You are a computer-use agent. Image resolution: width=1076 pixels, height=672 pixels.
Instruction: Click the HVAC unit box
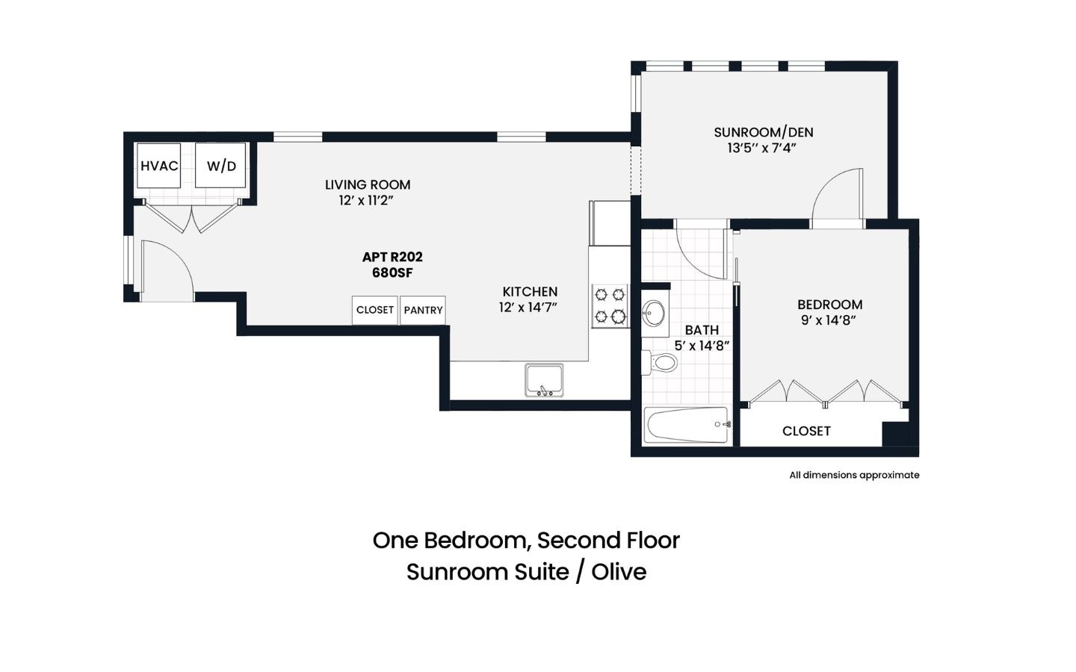[159, 166]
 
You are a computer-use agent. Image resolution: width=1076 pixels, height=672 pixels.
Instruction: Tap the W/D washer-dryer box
[221, 166]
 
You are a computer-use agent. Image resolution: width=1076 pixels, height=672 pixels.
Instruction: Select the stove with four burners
[610, 306]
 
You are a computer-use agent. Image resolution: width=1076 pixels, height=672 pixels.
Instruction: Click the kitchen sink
[544, 380]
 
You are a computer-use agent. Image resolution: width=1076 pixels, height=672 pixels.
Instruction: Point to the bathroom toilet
[660, 362]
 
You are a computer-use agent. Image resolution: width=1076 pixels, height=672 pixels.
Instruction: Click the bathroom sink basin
[654, 314]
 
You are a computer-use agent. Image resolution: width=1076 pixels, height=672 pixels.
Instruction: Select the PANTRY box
[423, 310]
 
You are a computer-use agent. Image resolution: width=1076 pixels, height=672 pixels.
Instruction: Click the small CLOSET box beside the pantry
[374, 310]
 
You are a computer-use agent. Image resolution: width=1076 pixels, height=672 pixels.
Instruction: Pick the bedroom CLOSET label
[806, 431]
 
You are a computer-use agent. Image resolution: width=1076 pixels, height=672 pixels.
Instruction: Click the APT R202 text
[392, 257]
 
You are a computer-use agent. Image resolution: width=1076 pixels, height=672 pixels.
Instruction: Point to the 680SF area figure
[392, 273]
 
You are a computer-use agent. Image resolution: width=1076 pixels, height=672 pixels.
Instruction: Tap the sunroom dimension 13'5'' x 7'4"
[762, 148]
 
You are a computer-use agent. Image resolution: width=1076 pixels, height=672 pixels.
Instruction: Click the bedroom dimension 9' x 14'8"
[829, 320]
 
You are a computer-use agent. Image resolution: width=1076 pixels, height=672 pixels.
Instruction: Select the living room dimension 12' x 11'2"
[366, 200]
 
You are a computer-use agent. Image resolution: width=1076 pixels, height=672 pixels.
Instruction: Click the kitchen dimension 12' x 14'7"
[528, 307]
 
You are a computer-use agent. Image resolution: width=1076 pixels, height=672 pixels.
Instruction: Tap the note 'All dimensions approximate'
[855, 475]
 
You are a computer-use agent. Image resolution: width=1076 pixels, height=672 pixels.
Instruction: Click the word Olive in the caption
[619, 572]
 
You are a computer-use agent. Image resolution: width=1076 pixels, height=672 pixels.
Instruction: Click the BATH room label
[702, 330]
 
